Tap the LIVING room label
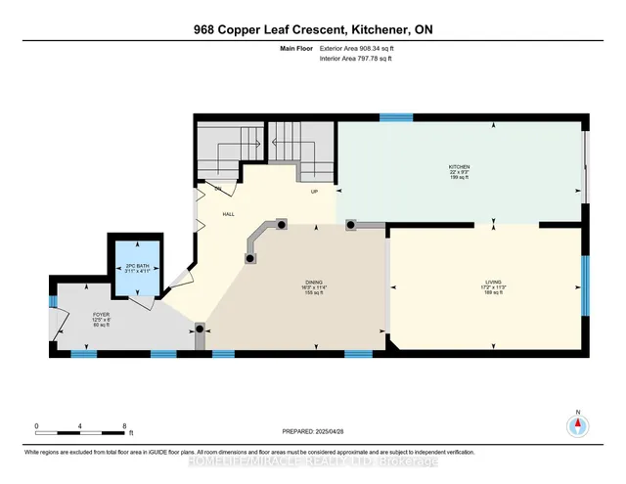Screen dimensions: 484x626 (x=492, y=280)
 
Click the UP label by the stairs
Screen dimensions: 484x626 (x=314, y=192)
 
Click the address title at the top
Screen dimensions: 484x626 (x=313, y=29)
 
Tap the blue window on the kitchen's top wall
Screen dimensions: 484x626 (x=396, y=116)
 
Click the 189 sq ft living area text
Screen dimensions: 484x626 (x=492, y=291)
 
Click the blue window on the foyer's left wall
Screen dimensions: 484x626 (x=52, y=301)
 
